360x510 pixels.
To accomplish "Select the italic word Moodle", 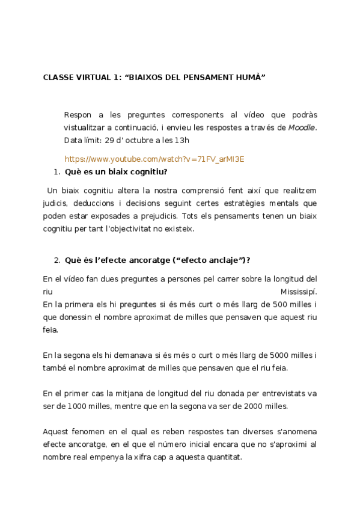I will pos(302,127).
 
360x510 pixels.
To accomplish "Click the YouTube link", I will pos(154,159).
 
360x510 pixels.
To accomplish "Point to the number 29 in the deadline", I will pos(109,141).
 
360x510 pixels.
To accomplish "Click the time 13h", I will pos(182,141).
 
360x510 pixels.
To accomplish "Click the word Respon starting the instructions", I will pos(78,115).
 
